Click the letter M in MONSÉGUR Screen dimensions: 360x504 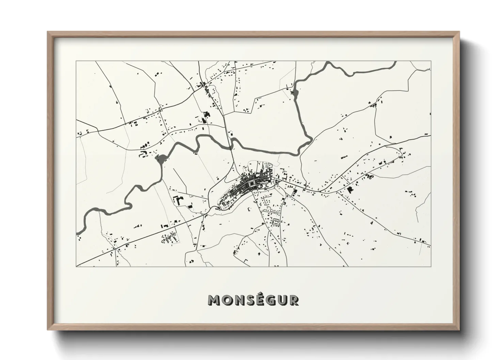[x=214, y=300]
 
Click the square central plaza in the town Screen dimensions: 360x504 [x=252, y=184]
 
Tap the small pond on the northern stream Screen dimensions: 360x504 [x=295, y=93]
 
